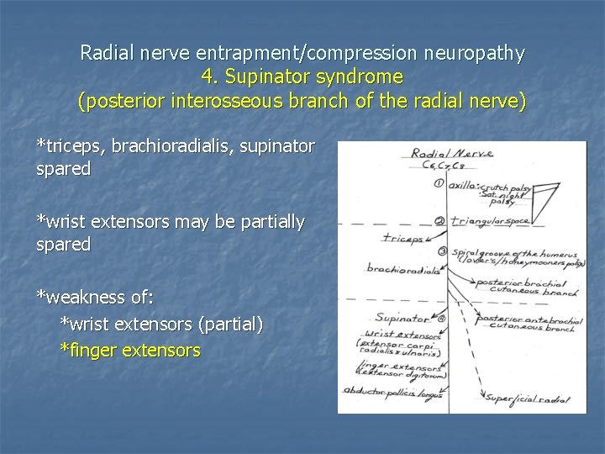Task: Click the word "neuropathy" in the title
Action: click(474, 53)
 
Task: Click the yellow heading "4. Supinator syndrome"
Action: click(302, 77)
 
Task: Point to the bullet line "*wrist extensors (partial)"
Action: click(161, 324)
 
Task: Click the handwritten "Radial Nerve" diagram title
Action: click(452, 154)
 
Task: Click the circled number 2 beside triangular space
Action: click(439, 221)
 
